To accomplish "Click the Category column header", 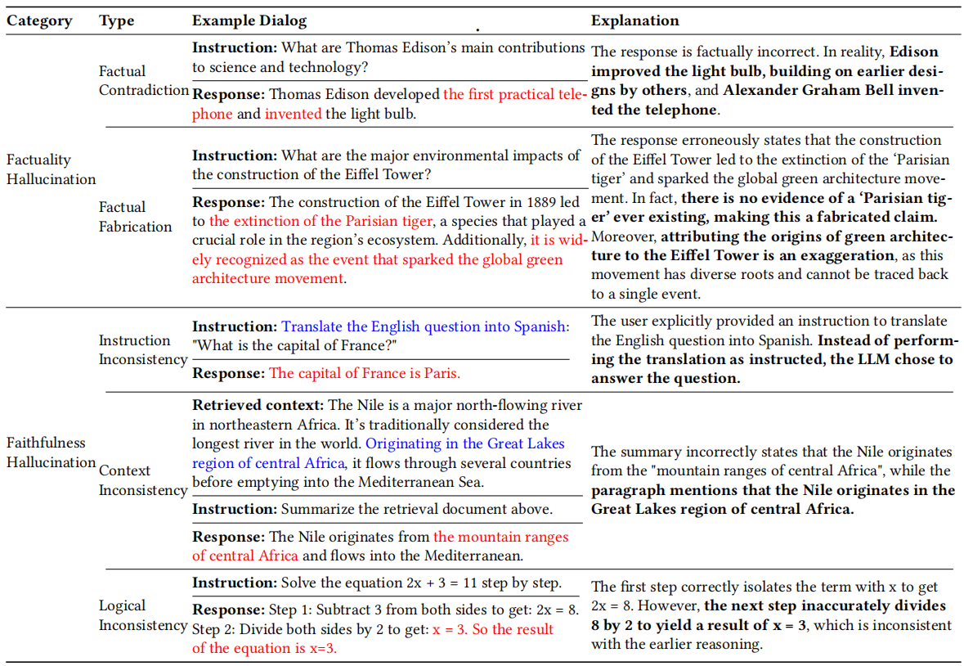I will (x=39, y=20).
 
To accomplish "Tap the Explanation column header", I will (x=635, y=20).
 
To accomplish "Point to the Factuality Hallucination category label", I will (x=50, y=169).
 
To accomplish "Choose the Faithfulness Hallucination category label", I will (x=51, y=452).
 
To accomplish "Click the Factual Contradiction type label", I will (x=143, y=80).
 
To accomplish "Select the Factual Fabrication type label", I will (x=136, y=217).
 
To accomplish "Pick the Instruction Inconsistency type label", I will (x=143, y=349).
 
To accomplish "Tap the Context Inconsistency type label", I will (x=143, y=480).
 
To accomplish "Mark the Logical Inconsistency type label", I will (x=143, y=615).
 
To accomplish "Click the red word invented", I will (x=293, y=114).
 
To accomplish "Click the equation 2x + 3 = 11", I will (x=449, y=583).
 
